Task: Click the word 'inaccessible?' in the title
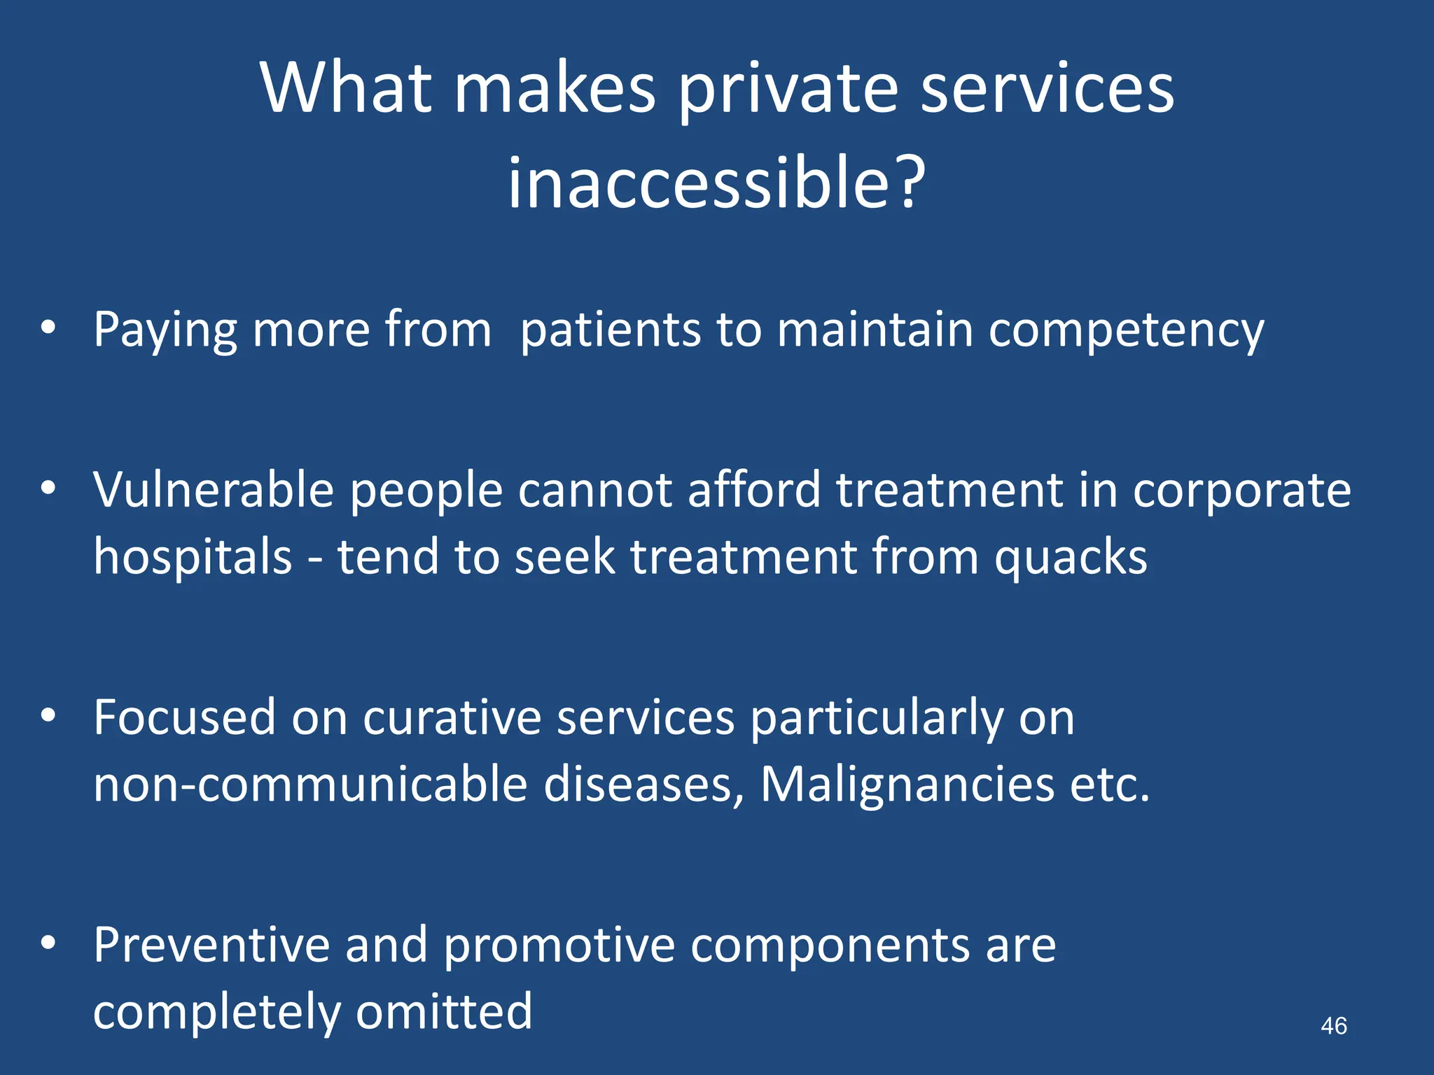coord(716,183)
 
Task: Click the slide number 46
coord(1333,1026)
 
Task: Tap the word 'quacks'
coord(1071,558)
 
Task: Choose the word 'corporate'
coord(1241,491)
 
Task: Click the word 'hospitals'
coord(193,557)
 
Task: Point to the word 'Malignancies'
coord(907,785)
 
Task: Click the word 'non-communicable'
coord(310,785)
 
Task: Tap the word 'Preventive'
coord(211,945)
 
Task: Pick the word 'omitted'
coord(444,1011)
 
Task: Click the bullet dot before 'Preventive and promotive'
coord(48,943)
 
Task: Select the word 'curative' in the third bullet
coord(452,717)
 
